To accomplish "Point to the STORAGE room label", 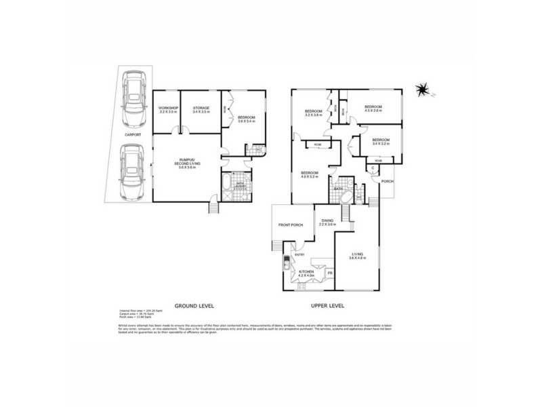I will [x=201, y=109].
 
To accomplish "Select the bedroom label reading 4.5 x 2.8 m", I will [x=373, y=109].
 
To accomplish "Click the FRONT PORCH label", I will [x=291, y=225].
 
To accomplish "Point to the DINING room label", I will [x=328, y=222].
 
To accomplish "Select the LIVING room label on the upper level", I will [x=356, y=256].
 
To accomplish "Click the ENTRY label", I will [x=299, y=255].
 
